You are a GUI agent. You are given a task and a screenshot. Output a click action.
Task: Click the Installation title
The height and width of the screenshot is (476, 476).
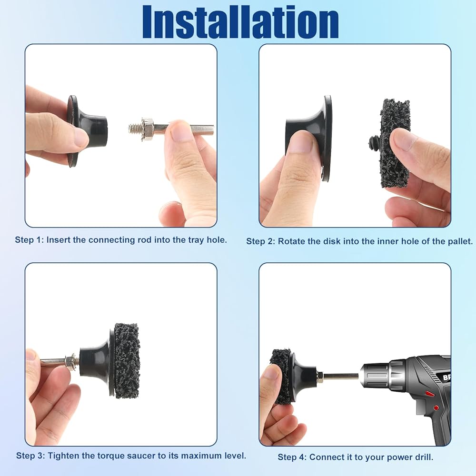coord(240,22)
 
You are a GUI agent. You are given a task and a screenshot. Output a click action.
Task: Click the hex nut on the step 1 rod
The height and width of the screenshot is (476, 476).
coord(148,127)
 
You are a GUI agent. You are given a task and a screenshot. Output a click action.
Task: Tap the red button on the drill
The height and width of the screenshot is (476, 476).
coord(429,394)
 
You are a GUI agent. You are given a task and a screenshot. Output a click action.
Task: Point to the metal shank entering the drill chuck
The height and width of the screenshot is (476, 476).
coord(341,377)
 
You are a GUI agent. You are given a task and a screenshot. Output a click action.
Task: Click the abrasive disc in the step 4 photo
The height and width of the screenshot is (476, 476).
coord(281,377)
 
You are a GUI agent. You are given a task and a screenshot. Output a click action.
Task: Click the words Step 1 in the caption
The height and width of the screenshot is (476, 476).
coord(30,240)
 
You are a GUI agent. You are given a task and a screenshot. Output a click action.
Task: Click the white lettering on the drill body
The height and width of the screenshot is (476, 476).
coord(446,377)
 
